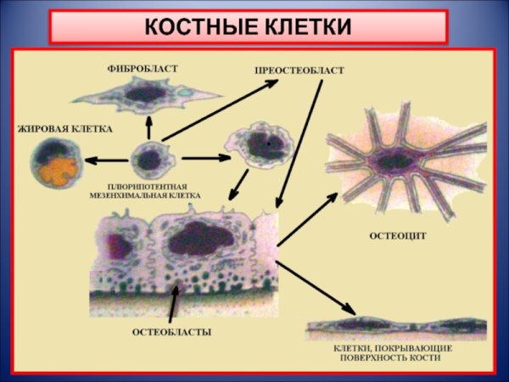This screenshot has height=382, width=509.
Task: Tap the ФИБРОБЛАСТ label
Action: (143, 68)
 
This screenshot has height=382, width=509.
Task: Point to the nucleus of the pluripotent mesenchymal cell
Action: (149, 159)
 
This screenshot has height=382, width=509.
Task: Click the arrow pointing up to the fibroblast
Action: (148, 127)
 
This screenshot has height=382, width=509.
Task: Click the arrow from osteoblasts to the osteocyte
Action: (310, 216)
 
